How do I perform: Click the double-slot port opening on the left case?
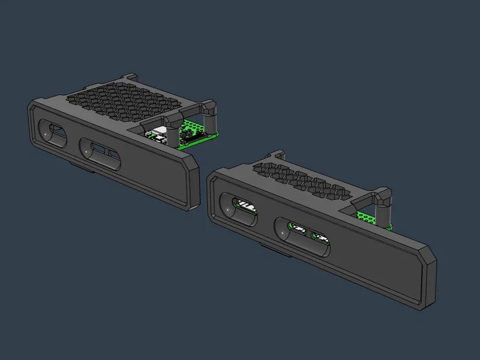(101, 153)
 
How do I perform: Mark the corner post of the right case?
(384, 204)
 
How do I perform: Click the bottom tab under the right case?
(271, 247)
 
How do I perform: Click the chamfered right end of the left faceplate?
(193, 184)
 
